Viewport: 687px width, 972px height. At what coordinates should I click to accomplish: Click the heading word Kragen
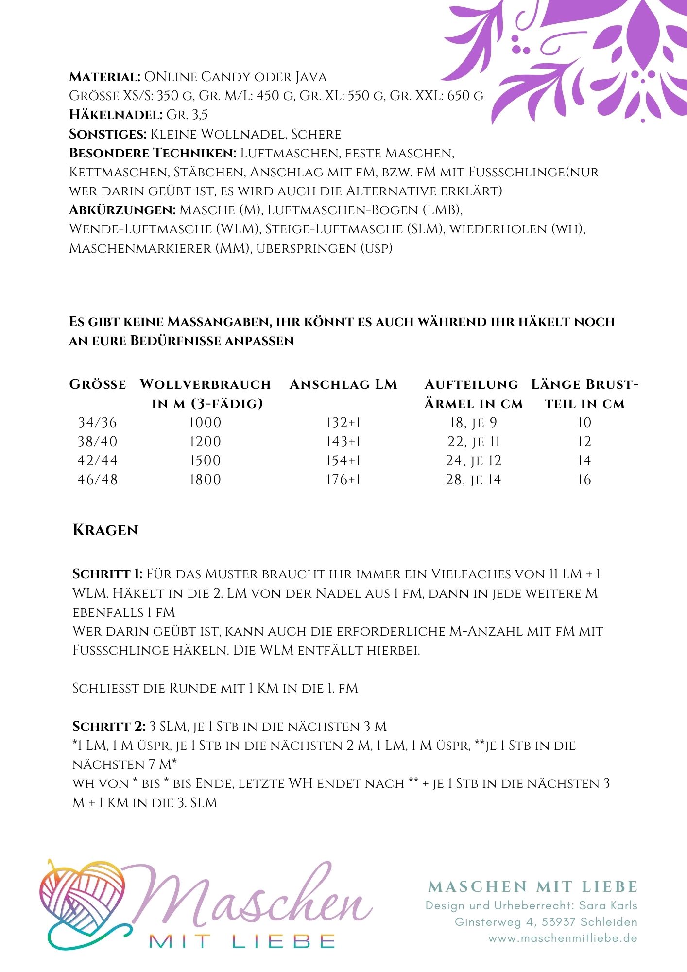pyautogui.click(x=105, y=530)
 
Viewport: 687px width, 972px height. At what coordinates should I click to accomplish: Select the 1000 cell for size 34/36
pyautogui.click(x=205, y=423)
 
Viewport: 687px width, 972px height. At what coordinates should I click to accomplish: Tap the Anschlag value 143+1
pyautogui.click(x=343, y=442)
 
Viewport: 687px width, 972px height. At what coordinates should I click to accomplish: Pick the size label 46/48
pyautogui.click(x=98, y=480)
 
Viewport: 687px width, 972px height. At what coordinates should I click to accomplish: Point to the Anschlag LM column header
pyautogui.click(x=343, y=384)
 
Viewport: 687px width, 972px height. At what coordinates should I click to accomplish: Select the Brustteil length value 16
pyautogui.click(x=584, y=480)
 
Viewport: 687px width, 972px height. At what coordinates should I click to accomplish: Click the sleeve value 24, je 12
pyautogui.click(x=474, y=461)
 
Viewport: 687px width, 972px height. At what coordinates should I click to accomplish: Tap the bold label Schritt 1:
pyautogui.click(x=107, y=574)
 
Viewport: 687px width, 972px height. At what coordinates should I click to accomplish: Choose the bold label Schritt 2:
pyautogui.click(x=109, y=727)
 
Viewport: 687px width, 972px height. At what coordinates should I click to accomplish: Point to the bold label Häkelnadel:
pyautogui.click(x=116, y=115)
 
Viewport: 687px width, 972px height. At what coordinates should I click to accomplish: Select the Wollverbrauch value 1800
pyautogui.click(x=205, y=480)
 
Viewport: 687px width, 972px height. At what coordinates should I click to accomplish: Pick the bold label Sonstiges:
pyautogui.click(x=108, y=134)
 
